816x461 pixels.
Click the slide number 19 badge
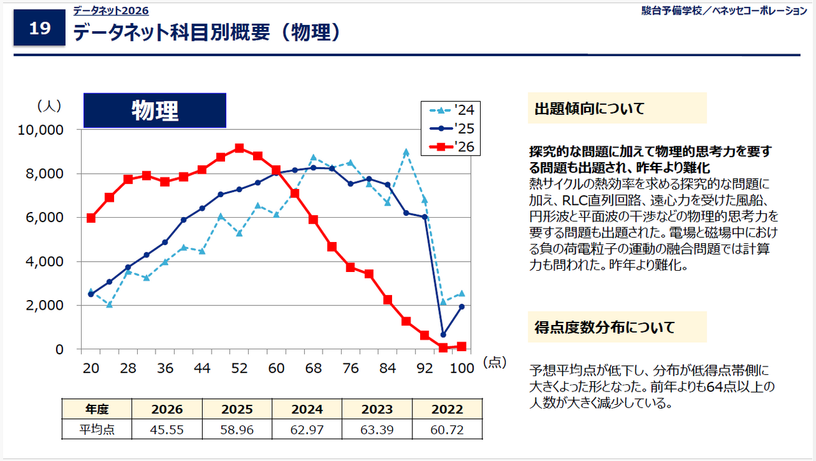pyautogui.click(x=40, y=29)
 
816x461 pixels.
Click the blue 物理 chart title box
pyautogui.click(x=155, y=110)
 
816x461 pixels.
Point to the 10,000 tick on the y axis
pyautogui.click(x=41, y=130)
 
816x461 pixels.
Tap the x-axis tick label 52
pyautogui.click(x=239, y=368)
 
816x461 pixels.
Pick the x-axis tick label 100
pyautogui.click(x=461, y=368)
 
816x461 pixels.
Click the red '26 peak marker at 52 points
pyautogui.click(x=239, y=148)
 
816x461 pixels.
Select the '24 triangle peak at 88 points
pyautogui.click(x=406, y=152)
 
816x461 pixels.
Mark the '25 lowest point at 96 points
pyautogui.click(x=443, y=335)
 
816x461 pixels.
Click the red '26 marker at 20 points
pyautogui.click(x=91, y=218)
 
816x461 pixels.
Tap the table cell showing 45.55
pyautogui.click(x=167, y=430)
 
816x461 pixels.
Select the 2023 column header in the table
pyautogui.click(x=377, y=409)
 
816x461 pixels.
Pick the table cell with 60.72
pyautogui.click(x=447, y=430)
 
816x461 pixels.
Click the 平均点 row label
pyautogui.click(x=97, y=430)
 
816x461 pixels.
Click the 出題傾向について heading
pyautogui.click(x=590, y=109)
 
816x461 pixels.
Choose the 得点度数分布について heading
pyautogui.click(x=604, y=328)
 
